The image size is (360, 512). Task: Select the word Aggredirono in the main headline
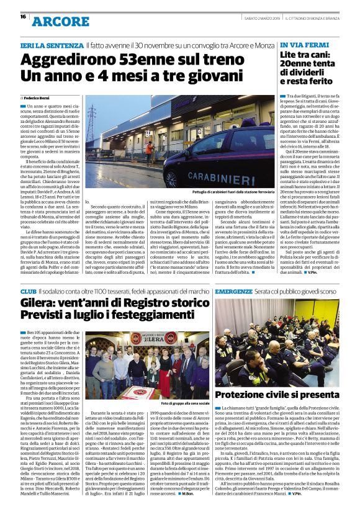pyautogui.click(x=60, y=60)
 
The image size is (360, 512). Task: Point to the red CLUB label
pyautogui.click(x=28, y=291)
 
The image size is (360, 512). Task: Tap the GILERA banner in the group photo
pyautogui.click(x=150, y=339)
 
